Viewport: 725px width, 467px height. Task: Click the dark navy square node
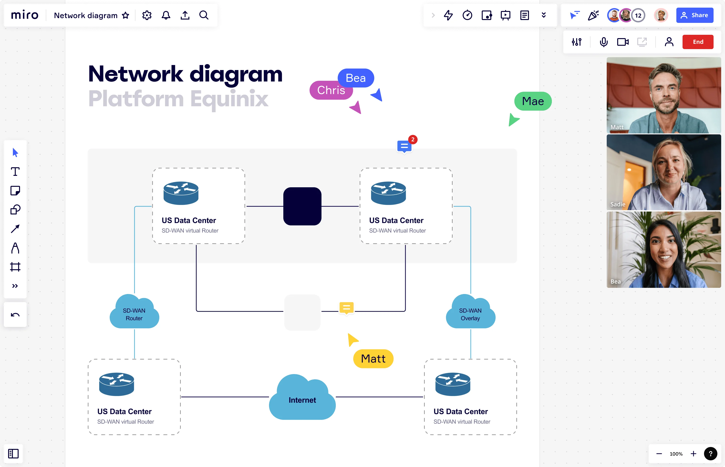click(x=302, y=206)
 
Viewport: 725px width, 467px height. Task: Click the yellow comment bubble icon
click(x=346, y=308)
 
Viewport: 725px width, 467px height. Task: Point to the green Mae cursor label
click(x=533, y=101)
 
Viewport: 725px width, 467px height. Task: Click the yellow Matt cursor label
click(x=373, y=359)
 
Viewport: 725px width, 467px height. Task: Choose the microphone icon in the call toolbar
click(x=604, y=42)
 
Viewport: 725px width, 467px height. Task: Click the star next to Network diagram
click(x=125, y=15)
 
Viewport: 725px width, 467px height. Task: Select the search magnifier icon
click(x=204, y=15)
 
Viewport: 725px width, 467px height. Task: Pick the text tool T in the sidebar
click(x=15, y=172)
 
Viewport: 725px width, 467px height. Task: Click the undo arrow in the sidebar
click(x=15, y=315)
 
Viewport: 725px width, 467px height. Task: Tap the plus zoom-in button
click(x=694, y=454)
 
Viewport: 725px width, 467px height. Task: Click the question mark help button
click(x=710, y=454)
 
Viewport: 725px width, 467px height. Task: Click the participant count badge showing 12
click(x=638, y=15)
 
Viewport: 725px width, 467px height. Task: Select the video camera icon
click(x=623, y=42)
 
